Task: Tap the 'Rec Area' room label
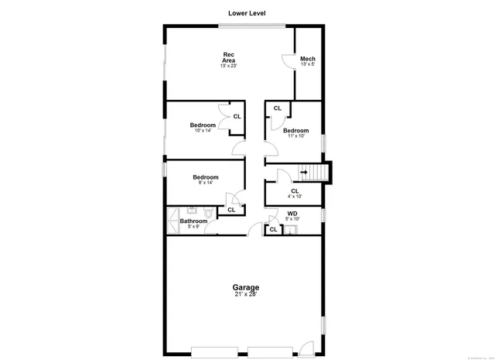(x=229, y=57)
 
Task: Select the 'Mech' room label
(x=308, y=59)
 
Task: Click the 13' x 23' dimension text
(x=228, y=67)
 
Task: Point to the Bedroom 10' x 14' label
(x=203, y=125)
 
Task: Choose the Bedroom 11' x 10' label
(x=295, y=131)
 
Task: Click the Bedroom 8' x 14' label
(x=205, y=177)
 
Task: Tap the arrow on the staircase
(x=304, y=173)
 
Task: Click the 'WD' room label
(x=292, y=214)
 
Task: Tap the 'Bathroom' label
(x=193, y=221)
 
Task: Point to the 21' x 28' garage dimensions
(x=244, y=294)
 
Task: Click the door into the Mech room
(x=286, y=60)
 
